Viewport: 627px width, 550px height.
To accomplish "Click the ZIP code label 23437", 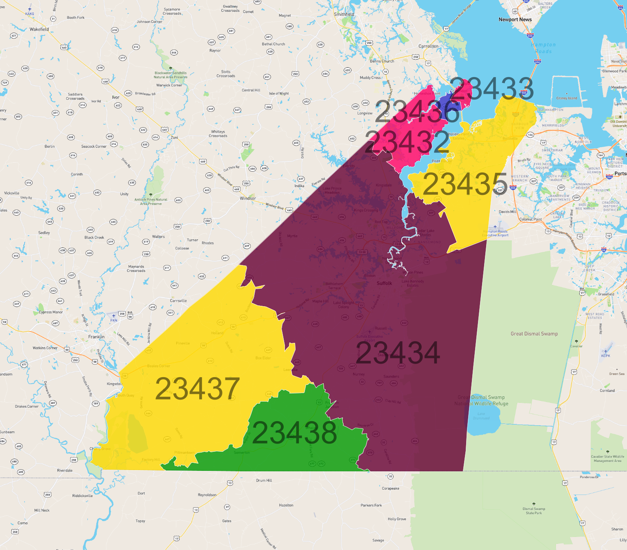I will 197,389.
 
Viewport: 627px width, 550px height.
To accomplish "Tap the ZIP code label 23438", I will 294,433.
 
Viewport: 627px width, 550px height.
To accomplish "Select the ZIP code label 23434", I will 398,353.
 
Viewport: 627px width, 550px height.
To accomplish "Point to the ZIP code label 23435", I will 465,184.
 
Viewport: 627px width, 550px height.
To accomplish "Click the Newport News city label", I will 515,20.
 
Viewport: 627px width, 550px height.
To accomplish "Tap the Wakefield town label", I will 39,29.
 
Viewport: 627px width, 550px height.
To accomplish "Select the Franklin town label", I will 96,337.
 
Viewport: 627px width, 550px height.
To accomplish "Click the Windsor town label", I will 248,198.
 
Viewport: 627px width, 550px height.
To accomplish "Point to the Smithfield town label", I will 344,14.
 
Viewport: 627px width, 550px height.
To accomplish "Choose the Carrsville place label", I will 178,300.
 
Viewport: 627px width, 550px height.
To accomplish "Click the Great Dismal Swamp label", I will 534,334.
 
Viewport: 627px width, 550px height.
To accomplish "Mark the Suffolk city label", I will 384,283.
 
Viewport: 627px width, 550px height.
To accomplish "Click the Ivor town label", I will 116,97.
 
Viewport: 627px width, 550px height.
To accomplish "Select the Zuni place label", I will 174,137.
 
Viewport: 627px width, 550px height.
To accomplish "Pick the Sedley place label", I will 44,233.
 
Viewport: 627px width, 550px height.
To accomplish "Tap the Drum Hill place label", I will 264,480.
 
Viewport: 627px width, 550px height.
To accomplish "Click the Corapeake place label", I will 391,488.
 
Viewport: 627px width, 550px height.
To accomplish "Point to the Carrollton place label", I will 428,46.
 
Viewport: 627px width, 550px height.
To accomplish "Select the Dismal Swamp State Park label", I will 534,511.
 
